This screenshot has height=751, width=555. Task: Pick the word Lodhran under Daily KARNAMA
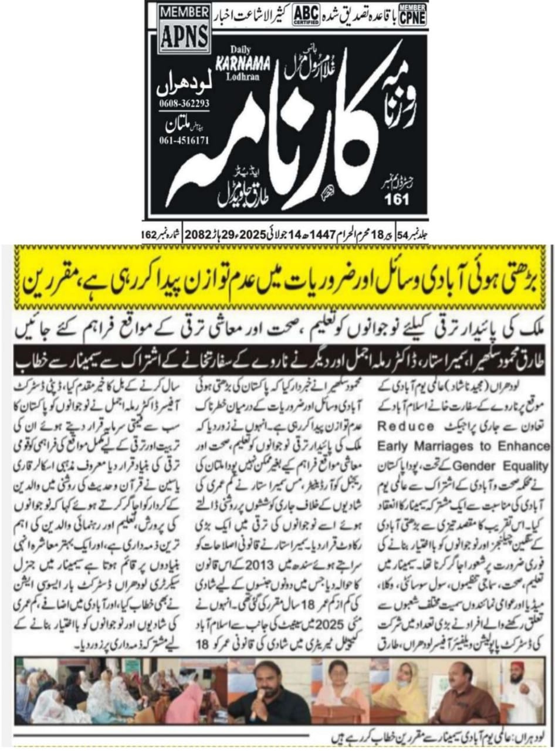pyautogui.click(x=235, y=76)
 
